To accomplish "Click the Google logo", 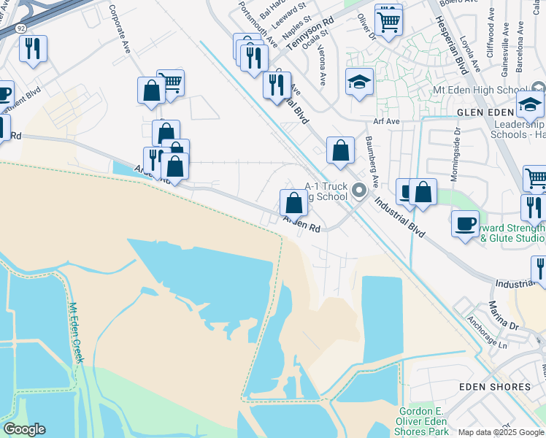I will pos(24,429).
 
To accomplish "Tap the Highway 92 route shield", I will pos(18,28).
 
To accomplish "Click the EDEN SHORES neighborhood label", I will pos(494,386).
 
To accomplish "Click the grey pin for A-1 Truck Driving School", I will pos(358,191).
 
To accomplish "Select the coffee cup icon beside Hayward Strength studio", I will pos(464,224).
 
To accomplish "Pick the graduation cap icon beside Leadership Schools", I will pos(530,104).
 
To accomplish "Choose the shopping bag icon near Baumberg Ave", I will pos(340,151).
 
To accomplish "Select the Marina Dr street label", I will pos(502,315).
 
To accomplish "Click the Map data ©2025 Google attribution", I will pos(501,432).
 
